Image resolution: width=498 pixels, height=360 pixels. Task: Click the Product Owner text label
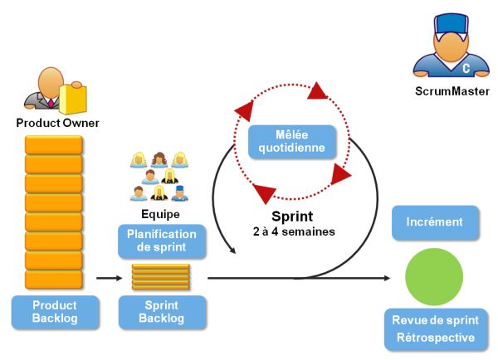58,123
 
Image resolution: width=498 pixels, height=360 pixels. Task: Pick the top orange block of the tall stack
53,144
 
